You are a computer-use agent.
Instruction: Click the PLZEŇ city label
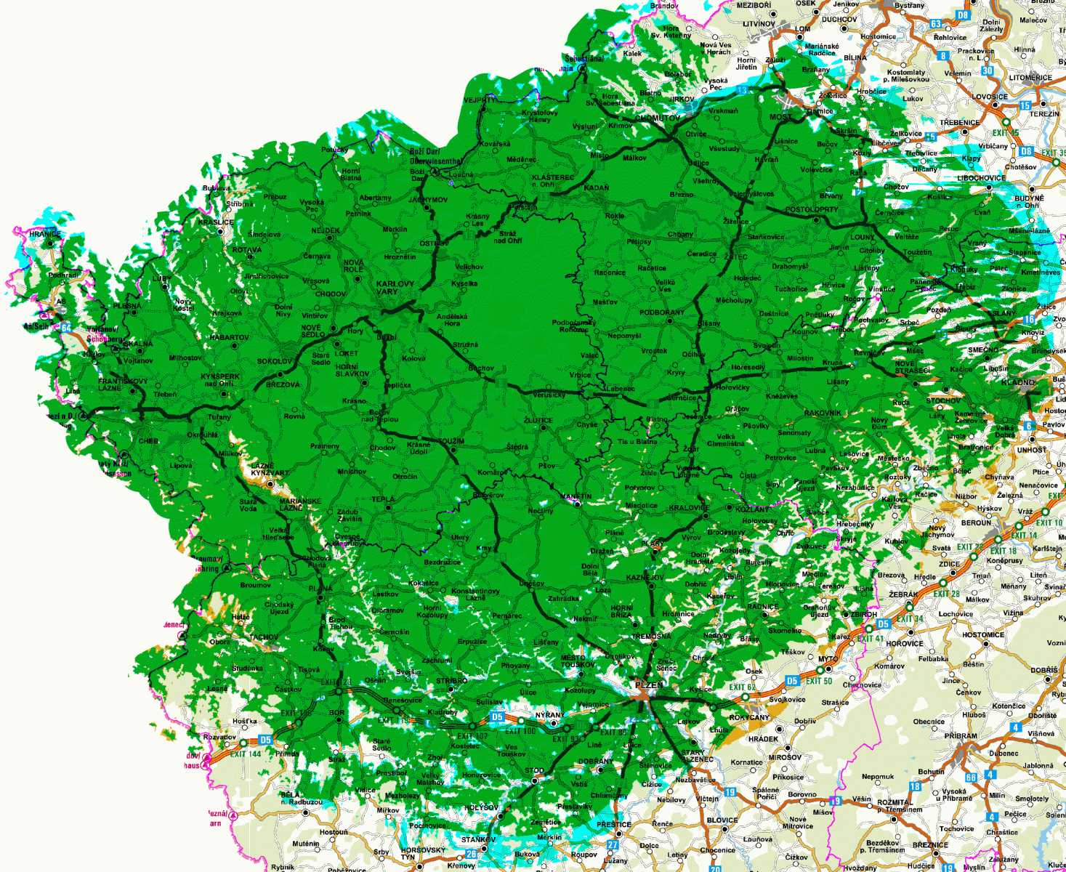click(x=649, y=685)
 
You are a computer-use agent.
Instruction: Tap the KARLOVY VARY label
click(x=395, y=288)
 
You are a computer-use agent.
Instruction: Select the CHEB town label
click(x=148, y=441)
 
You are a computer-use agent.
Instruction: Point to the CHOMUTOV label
click(x=658, y=118)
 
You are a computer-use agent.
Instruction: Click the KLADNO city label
click(x=1017, y=382)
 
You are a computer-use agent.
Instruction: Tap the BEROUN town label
click(x=976, y=523)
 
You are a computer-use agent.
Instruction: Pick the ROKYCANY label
click(x=749, y=717)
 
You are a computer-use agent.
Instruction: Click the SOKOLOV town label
click(x=275, y=361)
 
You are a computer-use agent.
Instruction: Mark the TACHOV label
click(x=263, y=637)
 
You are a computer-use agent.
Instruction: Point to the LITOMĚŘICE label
click(x=1030, y=78)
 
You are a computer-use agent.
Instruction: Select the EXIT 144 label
click(x=246, y=754)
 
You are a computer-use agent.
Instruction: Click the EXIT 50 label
click(x=818, y=681)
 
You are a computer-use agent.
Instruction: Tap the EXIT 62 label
click(x=742, y=687)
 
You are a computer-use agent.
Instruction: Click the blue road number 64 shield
click(x=66, y=328)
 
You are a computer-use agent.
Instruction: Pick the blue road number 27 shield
click(x=613, y=844)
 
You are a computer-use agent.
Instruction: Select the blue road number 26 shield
click(x=471, y=855)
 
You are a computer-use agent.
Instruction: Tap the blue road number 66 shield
click(x=970, y=778)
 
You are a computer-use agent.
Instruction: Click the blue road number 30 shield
click(x=988, y=70)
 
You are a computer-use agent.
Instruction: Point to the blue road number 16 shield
click(x=1029, y=319)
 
